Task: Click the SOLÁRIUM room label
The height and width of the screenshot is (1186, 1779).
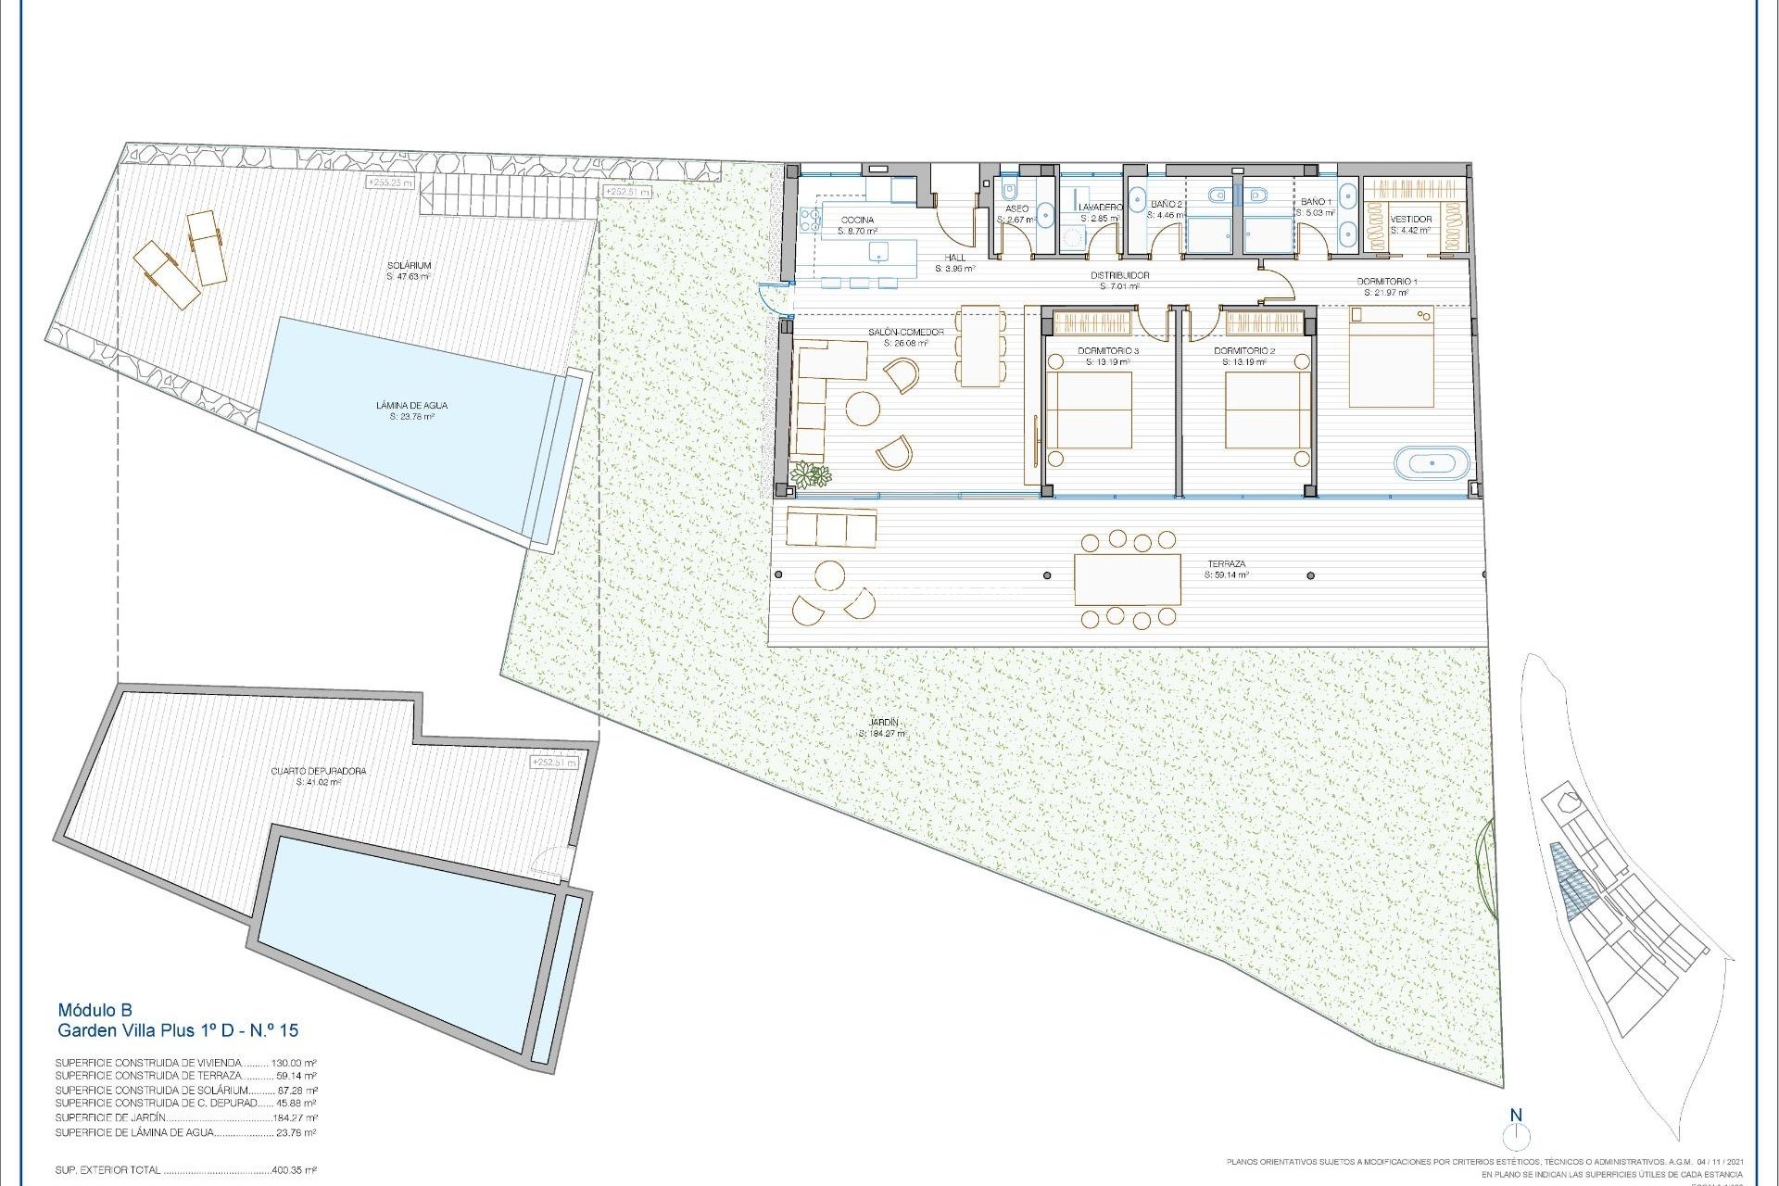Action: tap(409, 266)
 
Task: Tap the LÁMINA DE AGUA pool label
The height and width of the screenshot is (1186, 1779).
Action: tap(412, 406)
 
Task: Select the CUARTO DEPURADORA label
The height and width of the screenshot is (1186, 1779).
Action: tap(319, 771)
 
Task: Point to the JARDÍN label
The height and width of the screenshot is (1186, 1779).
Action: tap(884, 723)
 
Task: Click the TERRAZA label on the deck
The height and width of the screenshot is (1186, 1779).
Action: tap(1226, 563)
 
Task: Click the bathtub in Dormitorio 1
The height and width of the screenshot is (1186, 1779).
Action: tap(1432, 462)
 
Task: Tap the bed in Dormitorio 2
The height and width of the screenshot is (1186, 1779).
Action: tap(1267, 410)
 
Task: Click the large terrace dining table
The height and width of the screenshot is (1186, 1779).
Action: tap(1128, 578)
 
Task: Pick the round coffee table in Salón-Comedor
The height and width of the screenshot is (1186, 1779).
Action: tap(863, 409)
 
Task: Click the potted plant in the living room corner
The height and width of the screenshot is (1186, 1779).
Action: tap(812, 475)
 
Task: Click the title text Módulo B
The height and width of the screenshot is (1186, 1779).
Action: tap(95, 1010)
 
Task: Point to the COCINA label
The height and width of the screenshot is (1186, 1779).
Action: tap(856, 220)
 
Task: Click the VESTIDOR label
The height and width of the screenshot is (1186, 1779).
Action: tap(1411, 220)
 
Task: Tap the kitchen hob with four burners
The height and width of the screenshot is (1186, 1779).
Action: tap(808, 220)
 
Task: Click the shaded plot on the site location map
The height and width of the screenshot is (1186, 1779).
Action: tap(1568, 880)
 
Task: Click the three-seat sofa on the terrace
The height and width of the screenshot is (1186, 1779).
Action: tap(831, 528)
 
